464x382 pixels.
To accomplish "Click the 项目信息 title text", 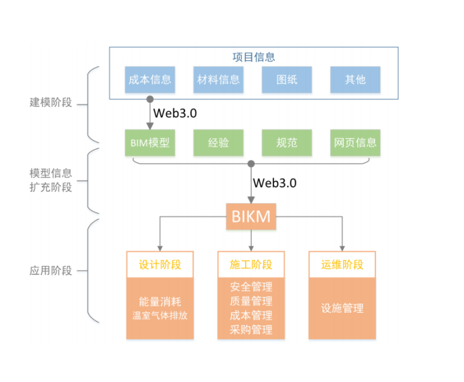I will coord(253,57).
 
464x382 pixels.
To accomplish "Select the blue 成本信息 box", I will coord(150,79).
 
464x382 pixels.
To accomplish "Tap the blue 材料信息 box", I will coord(218,79).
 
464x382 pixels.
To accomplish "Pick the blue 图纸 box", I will coord(286,79).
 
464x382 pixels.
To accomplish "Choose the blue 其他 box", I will coord(355,79).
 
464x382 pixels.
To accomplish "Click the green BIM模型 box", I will coord(150,143).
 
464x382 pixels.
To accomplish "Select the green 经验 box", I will coord(218,143).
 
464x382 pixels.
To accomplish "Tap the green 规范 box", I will coord(286,143).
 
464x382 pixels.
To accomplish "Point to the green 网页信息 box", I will coord(355,143).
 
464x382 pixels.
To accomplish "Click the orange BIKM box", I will coord(251,216).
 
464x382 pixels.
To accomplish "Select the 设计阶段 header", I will coord(160,265).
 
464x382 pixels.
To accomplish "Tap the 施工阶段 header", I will coord(251,265).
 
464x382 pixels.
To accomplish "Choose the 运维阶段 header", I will coord(342,265).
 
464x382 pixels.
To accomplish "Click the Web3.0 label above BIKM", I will coord(275,183).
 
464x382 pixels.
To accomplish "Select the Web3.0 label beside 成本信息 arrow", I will coord(175,113).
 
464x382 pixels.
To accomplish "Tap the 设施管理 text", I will coord(342,308).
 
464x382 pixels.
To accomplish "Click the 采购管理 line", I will coord(251,330).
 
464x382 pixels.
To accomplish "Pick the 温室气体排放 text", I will coord(160,316).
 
